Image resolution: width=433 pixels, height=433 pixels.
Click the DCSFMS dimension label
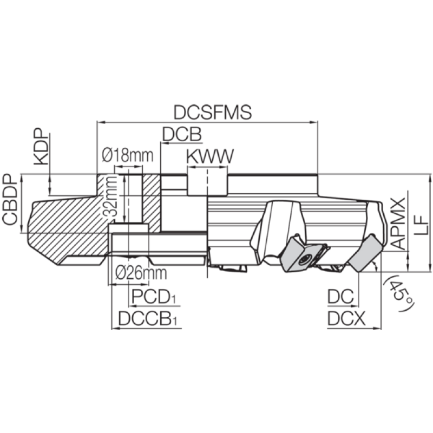click(x=213, y=113)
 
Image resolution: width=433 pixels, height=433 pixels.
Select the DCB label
click(x=182, y=134)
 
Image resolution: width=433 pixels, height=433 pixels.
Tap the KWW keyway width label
click(x=210, y=156)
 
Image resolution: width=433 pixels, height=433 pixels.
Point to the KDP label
click(x=42, y=146)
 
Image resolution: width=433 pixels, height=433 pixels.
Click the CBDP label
click(x=10, y=199)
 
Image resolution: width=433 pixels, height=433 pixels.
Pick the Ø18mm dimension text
click(x=128, y=155)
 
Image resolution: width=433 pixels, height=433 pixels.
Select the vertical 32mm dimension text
click(x=110, y=196)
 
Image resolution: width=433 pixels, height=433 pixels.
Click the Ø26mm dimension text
click(x=141, y=273)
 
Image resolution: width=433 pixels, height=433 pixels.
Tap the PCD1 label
click(x=154, y=297)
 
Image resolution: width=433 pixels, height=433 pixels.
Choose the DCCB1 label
click(x=148, y=319)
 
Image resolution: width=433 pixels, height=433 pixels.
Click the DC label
click(x=340, y=297)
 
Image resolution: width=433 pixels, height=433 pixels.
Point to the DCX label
click(x=346, y=319)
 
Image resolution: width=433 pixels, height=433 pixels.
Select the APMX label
click(x=398, y=223)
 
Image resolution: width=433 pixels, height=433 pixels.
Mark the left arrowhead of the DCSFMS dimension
click(x=100, y=122)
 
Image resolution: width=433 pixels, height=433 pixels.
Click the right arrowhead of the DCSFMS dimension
click(x=314, y=122)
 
